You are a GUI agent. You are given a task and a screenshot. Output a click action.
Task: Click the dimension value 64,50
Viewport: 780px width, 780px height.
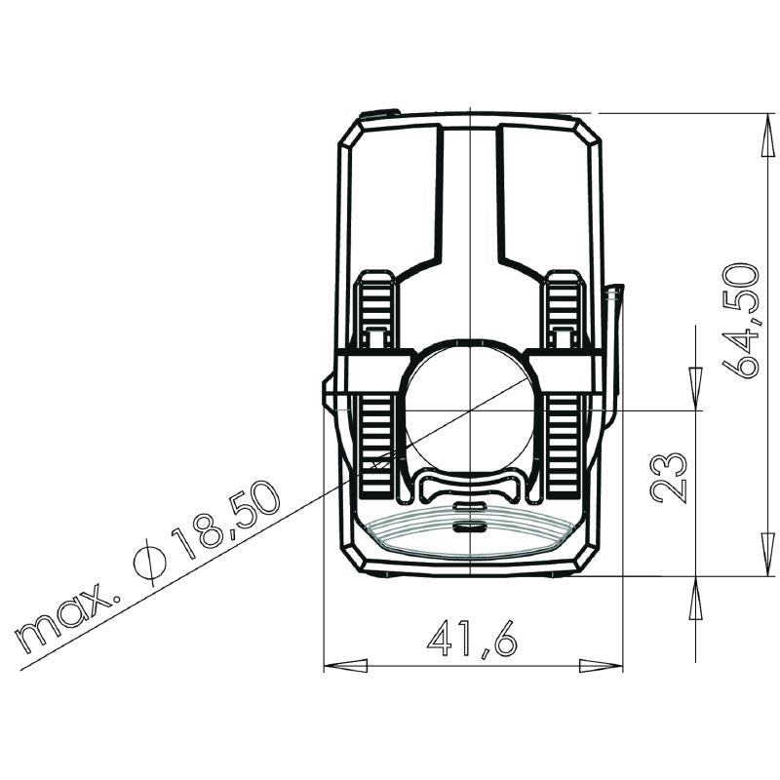pos(743,321)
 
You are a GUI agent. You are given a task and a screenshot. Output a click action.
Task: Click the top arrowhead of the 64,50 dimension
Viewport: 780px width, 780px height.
pos(767,136)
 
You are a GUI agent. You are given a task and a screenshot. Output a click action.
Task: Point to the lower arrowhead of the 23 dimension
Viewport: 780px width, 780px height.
pos(695,599)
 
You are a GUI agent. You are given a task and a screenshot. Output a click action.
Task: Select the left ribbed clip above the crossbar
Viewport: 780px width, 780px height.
pos(376,310)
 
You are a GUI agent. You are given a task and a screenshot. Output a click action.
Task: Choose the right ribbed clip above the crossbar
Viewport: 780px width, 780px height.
pos(564,310)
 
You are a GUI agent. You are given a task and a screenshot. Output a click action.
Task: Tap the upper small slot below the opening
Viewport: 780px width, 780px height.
pos(470,507)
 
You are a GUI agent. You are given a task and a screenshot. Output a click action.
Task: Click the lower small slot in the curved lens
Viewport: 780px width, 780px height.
pos(470,526)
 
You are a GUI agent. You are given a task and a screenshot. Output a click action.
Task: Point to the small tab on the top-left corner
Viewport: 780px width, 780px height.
pos(378,114)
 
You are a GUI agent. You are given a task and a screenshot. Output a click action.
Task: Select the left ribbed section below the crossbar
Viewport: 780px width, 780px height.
pos(376,439)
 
